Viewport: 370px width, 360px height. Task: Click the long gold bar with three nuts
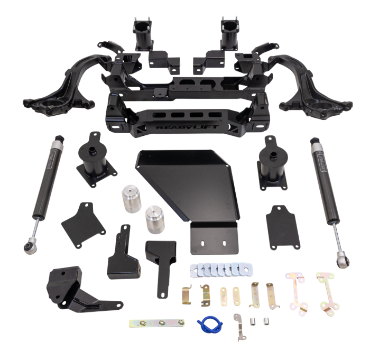coord(156,321)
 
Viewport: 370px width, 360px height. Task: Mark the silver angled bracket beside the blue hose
coord(239,325)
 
